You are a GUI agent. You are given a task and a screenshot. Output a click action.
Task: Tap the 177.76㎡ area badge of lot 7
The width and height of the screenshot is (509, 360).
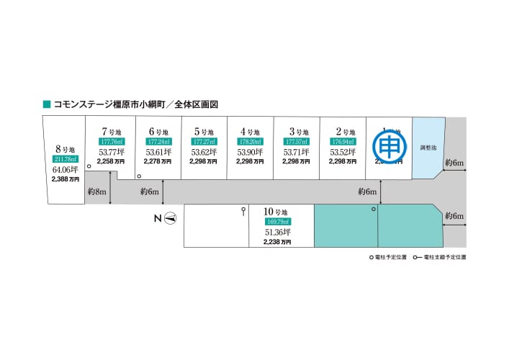pyautogui.click(x=112, y=142)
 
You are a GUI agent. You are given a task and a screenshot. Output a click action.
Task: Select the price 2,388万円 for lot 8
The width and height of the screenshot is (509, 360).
pyautogui.click(x=65, y=179)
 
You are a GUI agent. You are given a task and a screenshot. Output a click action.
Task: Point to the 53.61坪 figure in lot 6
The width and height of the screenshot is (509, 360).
pyautogui.click(x=158, y=152)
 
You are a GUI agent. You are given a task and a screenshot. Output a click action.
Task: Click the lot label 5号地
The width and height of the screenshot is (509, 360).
pyautogui.click(x=204, y=132)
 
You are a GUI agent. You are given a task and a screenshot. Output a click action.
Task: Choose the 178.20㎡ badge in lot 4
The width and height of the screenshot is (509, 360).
pyautogui.click(x=250, y=142)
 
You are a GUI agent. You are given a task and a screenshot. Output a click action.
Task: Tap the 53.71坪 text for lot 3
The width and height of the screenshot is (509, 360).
pyautogui.click(x=296, y=152)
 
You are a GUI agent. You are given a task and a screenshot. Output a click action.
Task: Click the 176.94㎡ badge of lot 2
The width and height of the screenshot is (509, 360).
pyautogui.click(x=342, y=142)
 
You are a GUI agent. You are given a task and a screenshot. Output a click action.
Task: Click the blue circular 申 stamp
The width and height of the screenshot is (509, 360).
pyautogui.click(x=387, y=147)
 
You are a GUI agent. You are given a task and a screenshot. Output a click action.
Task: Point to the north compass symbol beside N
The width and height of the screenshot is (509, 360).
pyautogui.click(x=171, y=218)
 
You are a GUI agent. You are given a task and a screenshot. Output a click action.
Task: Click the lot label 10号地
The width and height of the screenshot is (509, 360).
pyautogui.click(x=276, y=212)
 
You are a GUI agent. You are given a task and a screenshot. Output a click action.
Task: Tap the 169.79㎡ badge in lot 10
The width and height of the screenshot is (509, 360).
pyautogui.click(x=276, y=222)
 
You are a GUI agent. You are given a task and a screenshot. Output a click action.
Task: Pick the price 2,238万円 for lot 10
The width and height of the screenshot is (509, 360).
pyautogui.click(x=276, y=243)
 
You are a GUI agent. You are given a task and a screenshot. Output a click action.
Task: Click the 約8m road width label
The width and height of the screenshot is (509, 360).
pyautogui.click(x=96, y=192)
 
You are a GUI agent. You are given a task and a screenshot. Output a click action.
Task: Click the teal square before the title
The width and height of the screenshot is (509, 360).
pyautogui.click(x=47, y=104)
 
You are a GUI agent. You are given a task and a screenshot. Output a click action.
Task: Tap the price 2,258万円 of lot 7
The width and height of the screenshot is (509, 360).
pyautogui.click(x=112, y=162)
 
